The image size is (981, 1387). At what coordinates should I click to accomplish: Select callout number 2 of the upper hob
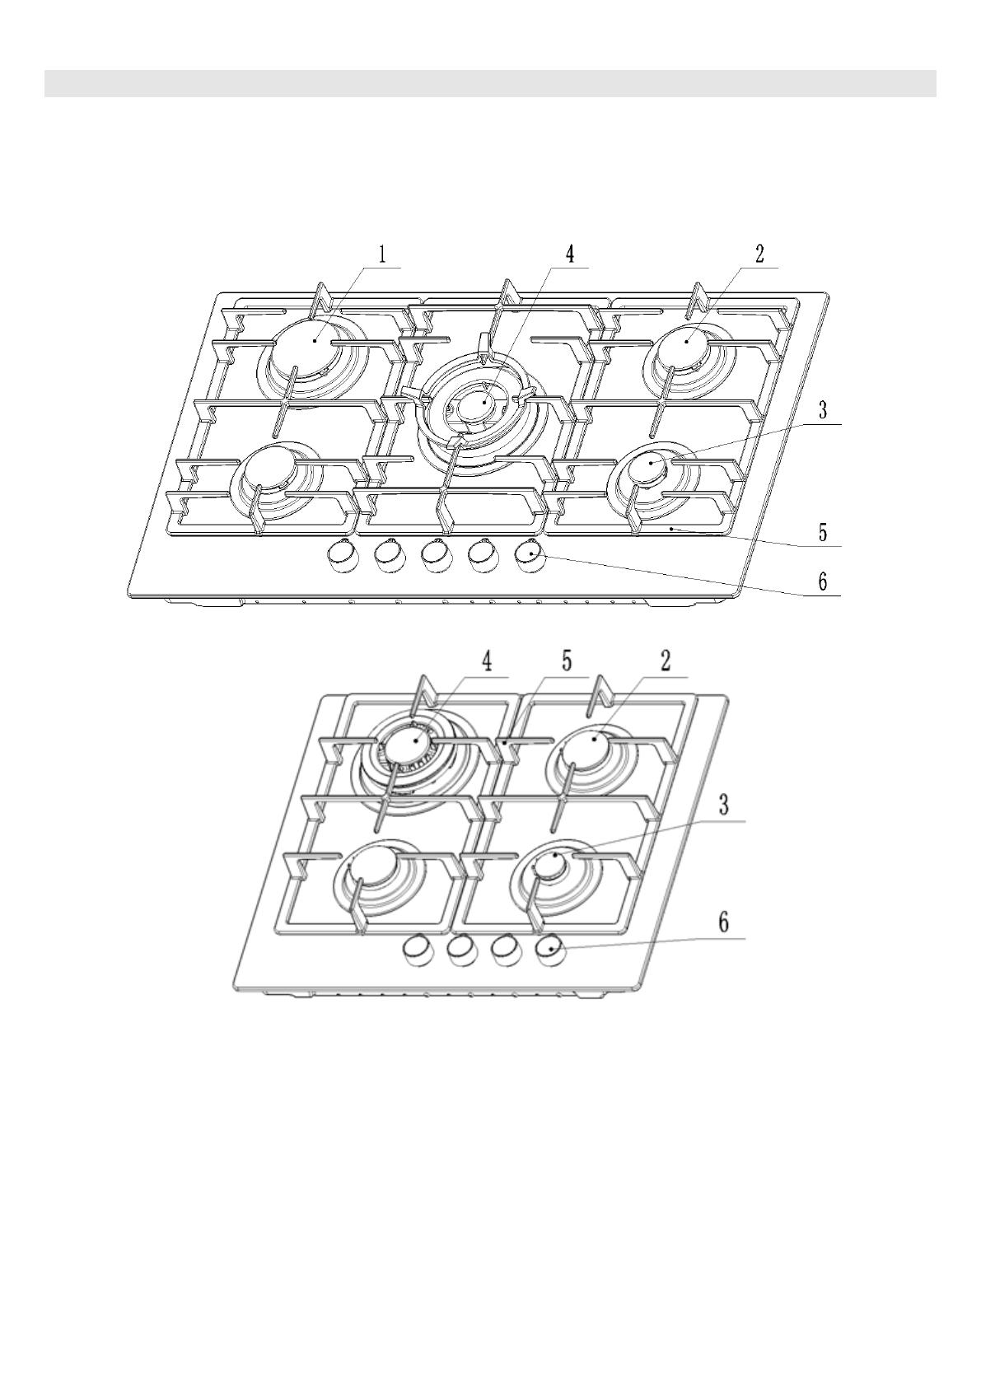[760, 254]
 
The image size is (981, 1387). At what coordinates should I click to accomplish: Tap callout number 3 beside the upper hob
[823, 411]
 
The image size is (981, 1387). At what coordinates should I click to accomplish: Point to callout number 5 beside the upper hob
[823, 533]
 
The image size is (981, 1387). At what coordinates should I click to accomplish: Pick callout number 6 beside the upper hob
[823, 582]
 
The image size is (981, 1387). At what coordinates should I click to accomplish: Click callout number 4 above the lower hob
[488, 662]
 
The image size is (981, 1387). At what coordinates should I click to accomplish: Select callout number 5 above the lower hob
[567, 662]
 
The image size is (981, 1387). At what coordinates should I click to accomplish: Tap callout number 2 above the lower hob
[665, 662]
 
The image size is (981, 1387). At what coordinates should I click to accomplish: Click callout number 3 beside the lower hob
[723, 806]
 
